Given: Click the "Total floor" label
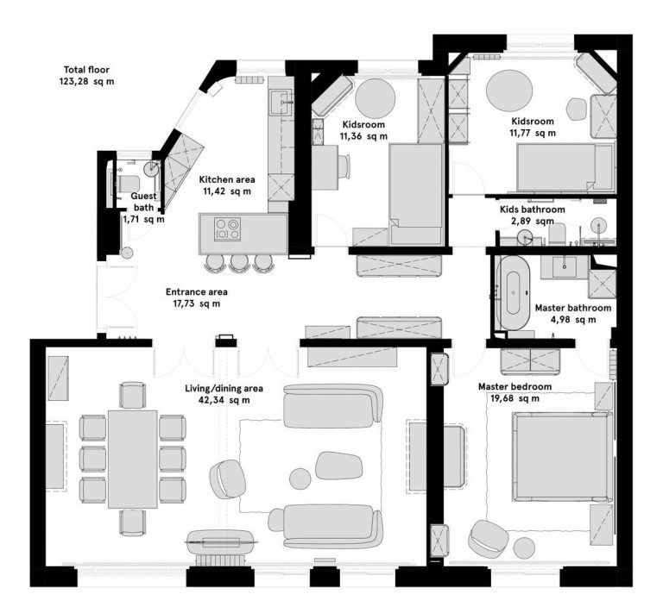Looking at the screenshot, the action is pyautogui.click(x=86, y=70).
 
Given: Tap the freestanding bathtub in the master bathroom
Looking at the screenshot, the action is pyautogui.click(x=514, y=292).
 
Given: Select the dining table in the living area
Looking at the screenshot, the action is pyautogui.click(x=133, y=459).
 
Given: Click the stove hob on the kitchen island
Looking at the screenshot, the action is pyautogui.click(x=228, y=229).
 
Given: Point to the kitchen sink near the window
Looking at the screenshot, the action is pyautogui.click(x=280, y=102).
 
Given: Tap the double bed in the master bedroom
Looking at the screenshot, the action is pyautogui.click(x=562, y=457).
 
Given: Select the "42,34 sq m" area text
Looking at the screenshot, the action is pyautogui.click(x=224, y=400).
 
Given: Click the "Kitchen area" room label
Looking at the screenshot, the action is pyautogui.click(x=227, y=179).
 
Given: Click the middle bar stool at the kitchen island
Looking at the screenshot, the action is pyautogui.click(x=239, y=263).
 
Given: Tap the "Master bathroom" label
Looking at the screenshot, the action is pyautogui.click(x=573, y=308).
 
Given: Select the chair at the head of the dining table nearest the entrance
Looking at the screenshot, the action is pyautogui.click(x=133, y=395).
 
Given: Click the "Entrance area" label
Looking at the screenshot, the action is pyautogui.click(x=197, y=291).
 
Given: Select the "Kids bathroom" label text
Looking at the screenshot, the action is pyautogui.click(x=533, y=210).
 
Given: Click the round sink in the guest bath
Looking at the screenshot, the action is pyautogui.click(x=151, y=168).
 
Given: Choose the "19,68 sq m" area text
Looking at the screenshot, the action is pyautogui.click(x=515, y=398).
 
